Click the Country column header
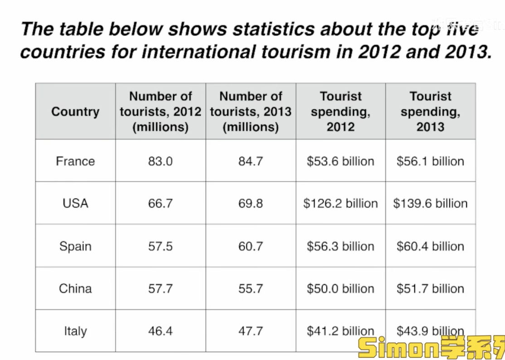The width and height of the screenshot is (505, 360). click(x=75, y=112)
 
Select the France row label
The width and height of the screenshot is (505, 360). click(x=75, y=161)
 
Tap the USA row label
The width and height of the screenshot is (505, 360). click(x=75, y=203)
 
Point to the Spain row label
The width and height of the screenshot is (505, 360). click(x=75, y=246)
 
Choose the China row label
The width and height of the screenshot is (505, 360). click(x=75, y=288)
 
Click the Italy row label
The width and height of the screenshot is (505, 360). click(x=75, y=331)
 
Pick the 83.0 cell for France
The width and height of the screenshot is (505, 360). click(x=160, y=161)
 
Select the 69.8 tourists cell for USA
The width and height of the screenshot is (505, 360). click(x=250, y=203)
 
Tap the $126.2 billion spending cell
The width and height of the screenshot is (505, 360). click(x=340, y=203)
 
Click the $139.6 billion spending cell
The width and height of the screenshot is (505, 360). click(x=430, y=203)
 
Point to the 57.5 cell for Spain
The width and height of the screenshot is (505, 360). click(x=160, y=246)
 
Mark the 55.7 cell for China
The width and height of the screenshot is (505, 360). click(x=250, y=288)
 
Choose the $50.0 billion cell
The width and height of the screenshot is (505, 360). click(x=340, y=288)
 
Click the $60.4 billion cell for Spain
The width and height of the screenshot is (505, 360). click(x=430, y=246)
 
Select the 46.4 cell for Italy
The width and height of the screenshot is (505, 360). click(x=160, y=331)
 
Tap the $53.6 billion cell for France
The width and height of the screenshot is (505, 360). click(x=340, y=161)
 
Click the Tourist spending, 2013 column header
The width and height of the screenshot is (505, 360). click(x=430, y=112)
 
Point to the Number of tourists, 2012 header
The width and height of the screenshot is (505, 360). click(x=160, y=112)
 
